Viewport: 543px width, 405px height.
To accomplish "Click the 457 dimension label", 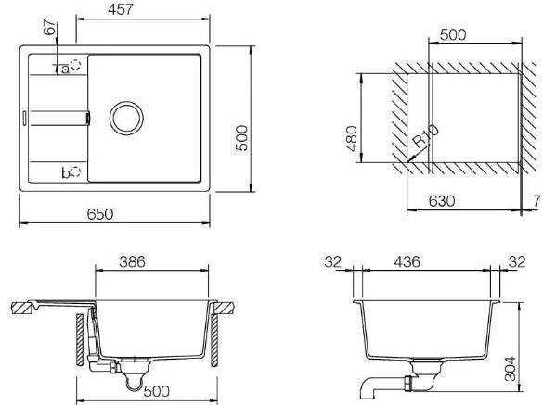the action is (x=120, y=9).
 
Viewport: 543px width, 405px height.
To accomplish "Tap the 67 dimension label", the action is (x=50, y=27).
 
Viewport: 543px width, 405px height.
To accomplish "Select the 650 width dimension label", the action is (x=100, y=214).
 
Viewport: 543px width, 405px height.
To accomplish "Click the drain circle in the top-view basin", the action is (x=126, y=118).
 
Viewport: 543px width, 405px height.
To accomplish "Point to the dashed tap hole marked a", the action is (x=75, y=65).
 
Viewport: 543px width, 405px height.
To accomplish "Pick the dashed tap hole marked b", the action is (x=76, y=171).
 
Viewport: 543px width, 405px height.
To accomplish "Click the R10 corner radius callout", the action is (x=426, y=136).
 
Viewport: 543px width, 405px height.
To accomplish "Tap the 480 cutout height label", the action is (x=352, y=139).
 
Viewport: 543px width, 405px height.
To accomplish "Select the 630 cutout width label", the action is (x=442, y=201).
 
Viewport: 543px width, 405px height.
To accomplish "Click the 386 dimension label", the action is (x=133, y=262).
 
